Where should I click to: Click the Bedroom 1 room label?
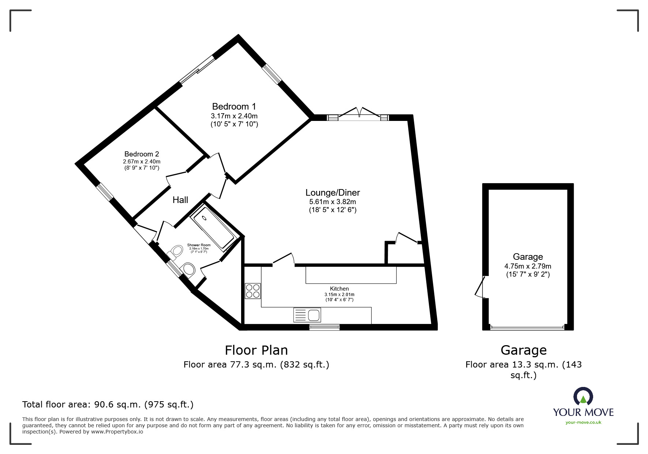tap(234, 107)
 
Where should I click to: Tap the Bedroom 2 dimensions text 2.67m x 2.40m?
tap(142, 161)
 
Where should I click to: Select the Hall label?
tap(180, 200)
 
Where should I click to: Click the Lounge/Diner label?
tap(333, 192)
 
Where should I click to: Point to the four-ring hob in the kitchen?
tap(252, 291)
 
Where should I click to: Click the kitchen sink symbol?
tap(307, 315)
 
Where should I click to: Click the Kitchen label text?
tap(339, 289)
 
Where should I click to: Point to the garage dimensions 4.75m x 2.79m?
tap(528, 266)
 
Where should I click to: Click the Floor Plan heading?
tap(256, 350)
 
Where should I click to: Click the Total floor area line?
tap(108, 405)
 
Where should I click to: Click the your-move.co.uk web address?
tap(583, 422)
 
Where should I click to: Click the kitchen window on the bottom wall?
tap(324, 327)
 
